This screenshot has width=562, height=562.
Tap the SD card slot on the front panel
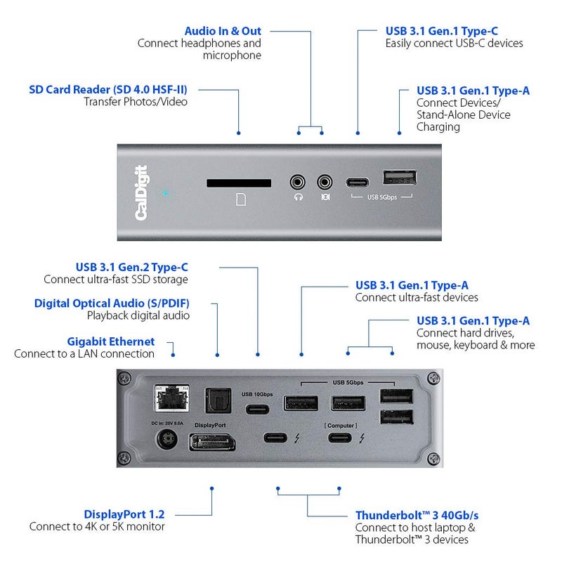tap(239, 183)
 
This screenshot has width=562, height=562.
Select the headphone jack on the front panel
tap(299, 182)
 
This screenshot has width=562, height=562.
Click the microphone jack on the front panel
tap(325, 182)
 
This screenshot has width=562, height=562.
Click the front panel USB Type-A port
tap(400, 178)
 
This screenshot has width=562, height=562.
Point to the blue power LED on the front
tap(165, 192)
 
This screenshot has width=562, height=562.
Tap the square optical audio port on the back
tap(214, 401)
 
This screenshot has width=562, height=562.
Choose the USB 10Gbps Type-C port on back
tap(258, 409)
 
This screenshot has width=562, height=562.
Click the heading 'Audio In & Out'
tap(223, 31)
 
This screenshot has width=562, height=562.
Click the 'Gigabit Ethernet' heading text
tap(121, 341)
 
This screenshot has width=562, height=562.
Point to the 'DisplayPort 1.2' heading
tap(124, 514)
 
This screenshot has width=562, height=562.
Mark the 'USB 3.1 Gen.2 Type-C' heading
tap(132, 267)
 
